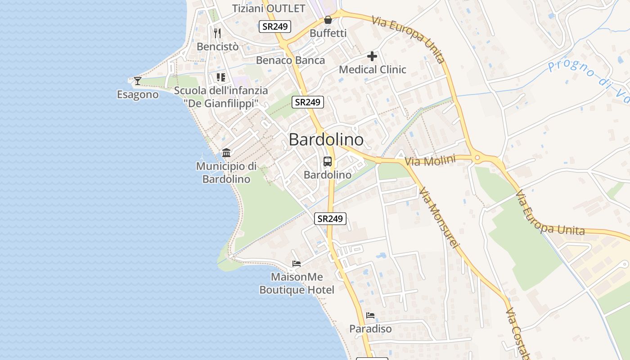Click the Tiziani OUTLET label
click(269, 9)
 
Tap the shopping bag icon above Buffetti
click(328, 20)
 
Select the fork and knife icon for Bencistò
click(217, 33)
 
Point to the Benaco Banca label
click(290, 60)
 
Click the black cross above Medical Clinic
click(372, 56)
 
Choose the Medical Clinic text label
click(372, 70)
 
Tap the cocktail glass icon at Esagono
click(138, 81)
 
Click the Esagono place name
click(138, 94)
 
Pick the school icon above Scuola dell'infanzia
click(220, 77)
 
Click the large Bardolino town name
click(326, 139)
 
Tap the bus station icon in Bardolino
click(328, 162)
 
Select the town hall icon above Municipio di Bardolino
click(226, 153)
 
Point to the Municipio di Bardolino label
click(226, 172)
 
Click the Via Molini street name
click(430, 161)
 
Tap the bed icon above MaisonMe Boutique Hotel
click(297, 264)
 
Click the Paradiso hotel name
click(370, 329)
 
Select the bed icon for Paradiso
click(370, 315)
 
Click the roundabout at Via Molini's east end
click(477, 158)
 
